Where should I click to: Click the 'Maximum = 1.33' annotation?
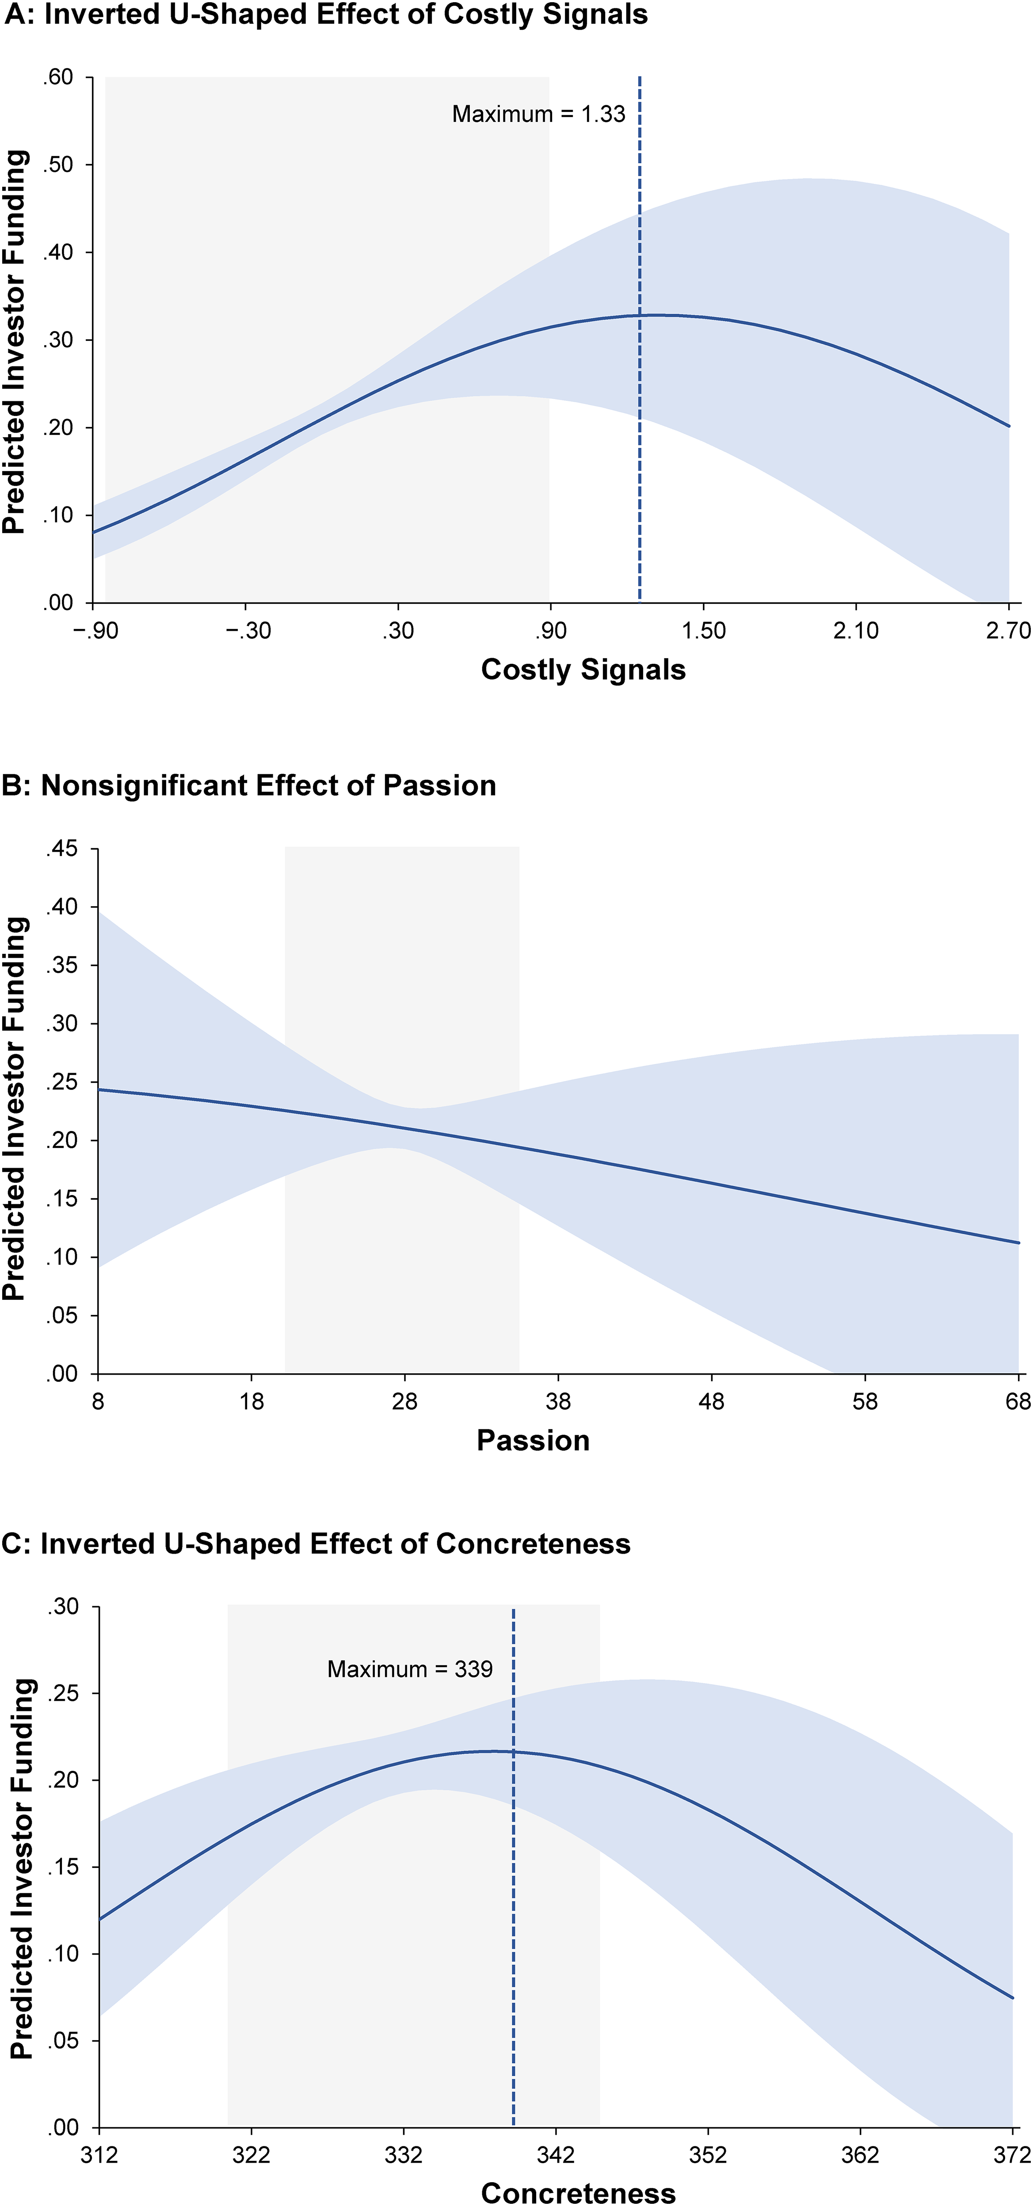coord(539,114)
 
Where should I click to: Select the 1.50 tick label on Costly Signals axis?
coord(703,631)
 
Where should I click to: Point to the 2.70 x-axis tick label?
coord(1008,631)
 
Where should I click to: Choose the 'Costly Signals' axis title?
coord(583,670)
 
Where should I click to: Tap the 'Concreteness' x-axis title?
coord(578,2193)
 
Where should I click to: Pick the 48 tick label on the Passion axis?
coord(712,1402)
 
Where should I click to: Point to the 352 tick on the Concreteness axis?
coord(708,2155)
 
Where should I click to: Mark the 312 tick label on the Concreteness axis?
coord(99,2155)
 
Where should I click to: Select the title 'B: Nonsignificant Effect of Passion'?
coord(249,785)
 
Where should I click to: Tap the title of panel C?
coord(316,1544)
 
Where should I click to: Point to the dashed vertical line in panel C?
coord(513,1867)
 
